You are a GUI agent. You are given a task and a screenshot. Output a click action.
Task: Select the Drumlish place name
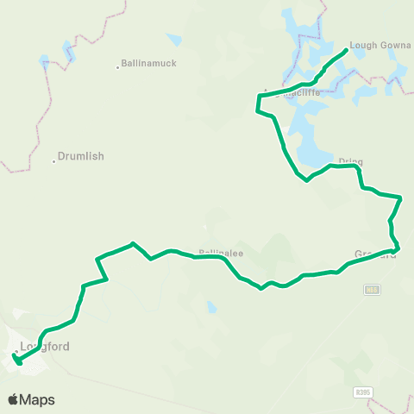click(x=81, y=157)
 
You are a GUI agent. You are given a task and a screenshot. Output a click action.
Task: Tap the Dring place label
click(x=350, y=161)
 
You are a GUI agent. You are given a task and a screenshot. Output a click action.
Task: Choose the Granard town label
click(x=374, y=254)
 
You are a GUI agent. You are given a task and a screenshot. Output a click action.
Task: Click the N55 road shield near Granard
click(x=371, y=290)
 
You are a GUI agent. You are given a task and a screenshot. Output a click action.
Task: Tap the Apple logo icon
click(x=14, y=399)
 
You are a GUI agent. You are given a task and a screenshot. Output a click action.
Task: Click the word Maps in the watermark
click(x=37, y=399)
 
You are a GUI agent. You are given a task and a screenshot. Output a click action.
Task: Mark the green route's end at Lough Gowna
click(x=347, y=50)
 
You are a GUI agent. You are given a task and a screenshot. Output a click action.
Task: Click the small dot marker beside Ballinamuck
click(x=117, y=66)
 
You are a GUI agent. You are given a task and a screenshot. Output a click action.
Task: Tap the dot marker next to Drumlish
click(x=53, y=157)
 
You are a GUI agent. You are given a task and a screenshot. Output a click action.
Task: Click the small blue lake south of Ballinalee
click(x=211, y=307)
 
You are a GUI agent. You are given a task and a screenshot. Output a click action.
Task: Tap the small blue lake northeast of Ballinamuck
click(x=174, y=40)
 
